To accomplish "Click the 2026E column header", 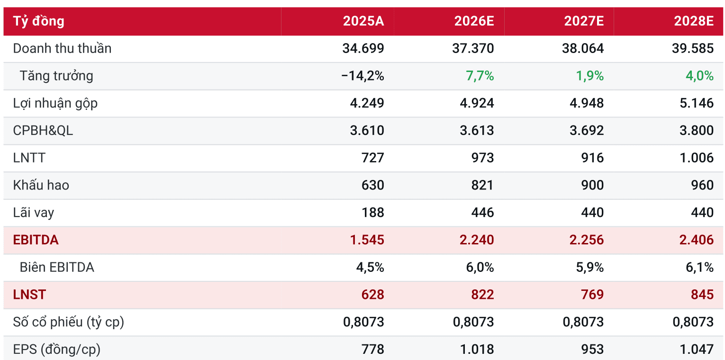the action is (474, 21).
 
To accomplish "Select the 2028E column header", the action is (694, 21).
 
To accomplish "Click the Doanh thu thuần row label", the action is (62, 48).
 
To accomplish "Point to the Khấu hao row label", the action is (41, 185).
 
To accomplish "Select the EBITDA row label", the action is (36, 240).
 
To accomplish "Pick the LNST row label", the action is (29, 295).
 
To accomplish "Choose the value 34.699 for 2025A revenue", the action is (363, 48).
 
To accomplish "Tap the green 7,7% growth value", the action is (480, 76).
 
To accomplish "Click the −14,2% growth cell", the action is (362, 76).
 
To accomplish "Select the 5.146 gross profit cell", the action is (697, 103).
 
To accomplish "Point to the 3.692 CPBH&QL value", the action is (587, 131).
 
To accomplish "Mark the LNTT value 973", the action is (482, 158).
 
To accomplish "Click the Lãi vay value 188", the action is (372, 213).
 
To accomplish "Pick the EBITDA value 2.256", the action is (587, 240).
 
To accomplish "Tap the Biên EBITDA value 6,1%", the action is (699, 268).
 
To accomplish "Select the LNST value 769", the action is (592, 295).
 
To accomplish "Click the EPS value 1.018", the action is (477, 350).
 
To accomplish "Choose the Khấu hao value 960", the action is (702, 185).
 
